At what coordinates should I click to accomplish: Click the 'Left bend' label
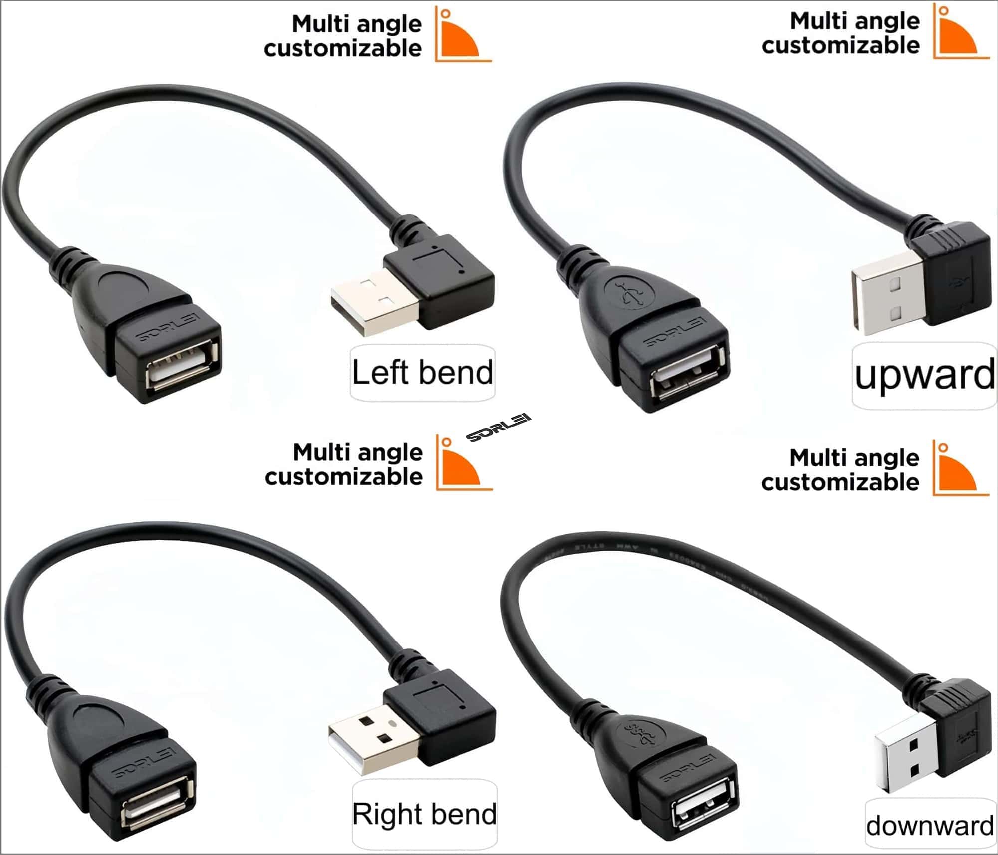coord(422,373)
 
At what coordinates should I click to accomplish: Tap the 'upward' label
coord(924,376)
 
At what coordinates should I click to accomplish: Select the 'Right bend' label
coord(424,814)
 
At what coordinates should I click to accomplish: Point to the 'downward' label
coord(930,826)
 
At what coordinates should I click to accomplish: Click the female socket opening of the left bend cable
coord(181,368)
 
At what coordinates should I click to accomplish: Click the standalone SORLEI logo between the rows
coord(499,427)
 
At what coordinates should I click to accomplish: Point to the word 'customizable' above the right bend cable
coord(344,477)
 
